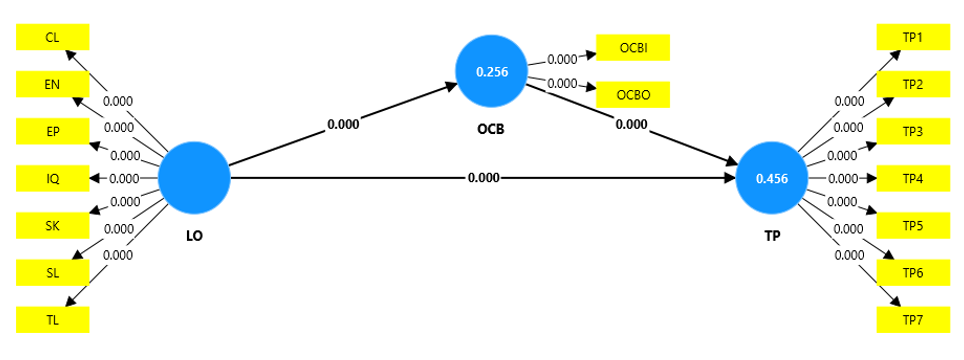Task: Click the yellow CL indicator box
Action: [53, 37]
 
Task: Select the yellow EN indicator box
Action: [53, 84]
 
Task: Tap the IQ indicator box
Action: [53, 179]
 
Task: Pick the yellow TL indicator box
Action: [53, 320]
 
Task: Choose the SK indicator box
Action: [53, 225]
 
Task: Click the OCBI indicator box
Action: [633, 48]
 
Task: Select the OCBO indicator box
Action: [633, 95]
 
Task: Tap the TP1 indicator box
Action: [912, 37]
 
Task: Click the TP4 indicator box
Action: [912, 179]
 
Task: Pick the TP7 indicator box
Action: [912, 320]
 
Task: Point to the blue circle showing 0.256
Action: [492, 71]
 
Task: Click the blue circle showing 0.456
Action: [772, 178]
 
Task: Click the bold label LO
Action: [194, 235]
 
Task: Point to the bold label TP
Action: [772, 235]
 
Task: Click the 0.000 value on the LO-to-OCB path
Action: [343, 124]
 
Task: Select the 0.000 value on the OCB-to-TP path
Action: [631, 124]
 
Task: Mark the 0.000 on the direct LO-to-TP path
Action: [483, 178]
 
